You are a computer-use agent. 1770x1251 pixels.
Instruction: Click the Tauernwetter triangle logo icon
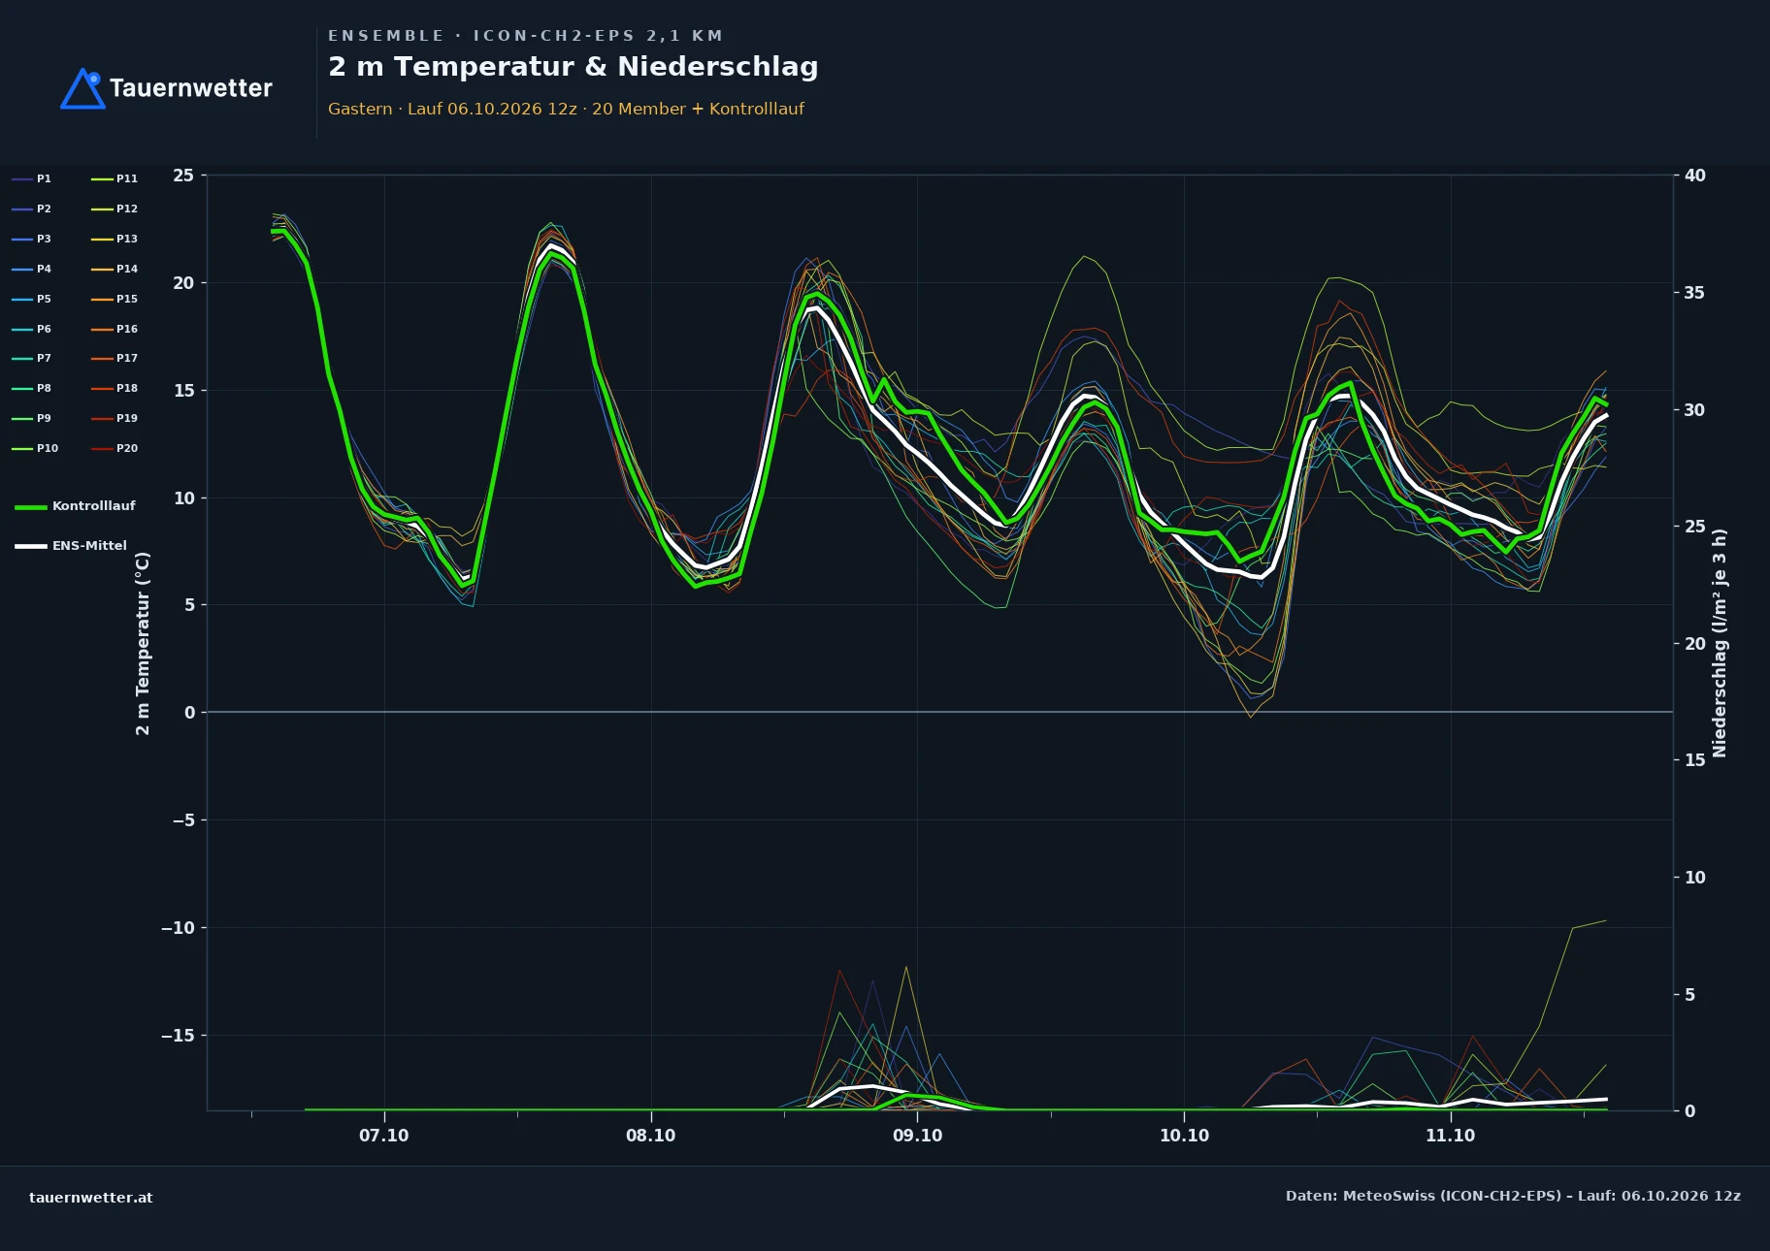pos(82,88)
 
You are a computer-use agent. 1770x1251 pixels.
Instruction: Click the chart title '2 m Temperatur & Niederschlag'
pos(573,67)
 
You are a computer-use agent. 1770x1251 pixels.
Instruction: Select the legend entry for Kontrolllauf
pos(75,506)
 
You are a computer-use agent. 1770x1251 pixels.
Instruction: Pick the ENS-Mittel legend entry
pos(71,546)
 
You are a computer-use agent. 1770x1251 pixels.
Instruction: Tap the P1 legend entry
pos(31,178)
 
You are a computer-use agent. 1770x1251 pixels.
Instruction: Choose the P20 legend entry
pos(115,448)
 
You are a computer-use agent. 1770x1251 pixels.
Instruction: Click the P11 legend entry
pos(115,178)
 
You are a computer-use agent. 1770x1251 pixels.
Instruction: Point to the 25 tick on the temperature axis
pos(183,176)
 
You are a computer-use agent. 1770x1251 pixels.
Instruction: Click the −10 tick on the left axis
pos(178,928)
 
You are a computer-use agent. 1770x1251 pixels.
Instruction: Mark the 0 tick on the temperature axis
pos(190,713)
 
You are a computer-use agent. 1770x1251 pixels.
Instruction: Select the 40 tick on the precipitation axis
pos(1695,176)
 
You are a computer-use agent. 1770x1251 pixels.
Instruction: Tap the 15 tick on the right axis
pos(1695,760)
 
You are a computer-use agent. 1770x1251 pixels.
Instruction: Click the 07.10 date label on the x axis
pos(384,1136)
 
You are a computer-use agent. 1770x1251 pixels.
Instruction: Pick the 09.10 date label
pos(917,1136)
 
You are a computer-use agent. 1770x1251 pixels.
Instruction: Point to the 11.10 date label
pos(1450,1136)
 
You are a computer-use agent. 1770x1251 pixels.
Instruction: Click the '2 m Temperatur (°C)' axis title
pos(144,643)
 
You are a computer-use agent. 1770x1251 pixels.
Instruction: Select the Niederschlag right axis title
pos(1720,643)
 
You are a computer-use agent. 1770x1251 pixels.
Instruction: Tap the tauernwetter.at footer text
pos(91,1198)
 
